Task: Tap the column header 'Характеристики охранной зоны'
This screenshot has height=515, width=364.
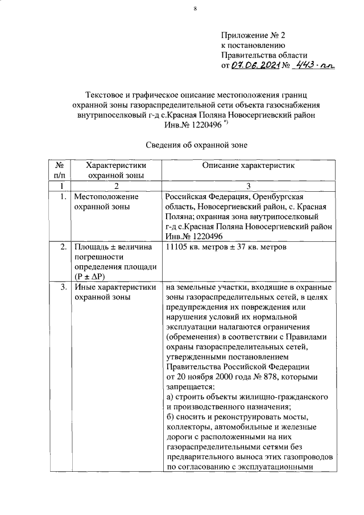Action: coord(114,170)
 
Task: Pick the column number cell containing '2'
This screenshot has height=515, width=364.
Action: coord(115,186)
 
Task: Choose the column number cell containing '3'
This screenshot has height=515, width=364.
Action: coord(247,186)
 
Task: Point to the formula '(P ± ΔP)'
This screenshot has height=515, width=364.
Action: coord(92,277)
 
